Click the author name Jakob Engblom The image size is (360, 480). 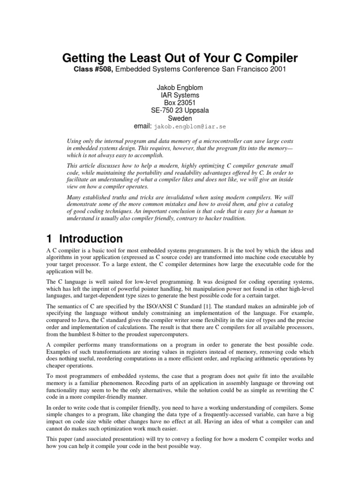tap(180, 87)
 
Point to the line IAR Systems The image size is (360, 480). tap(180, 95)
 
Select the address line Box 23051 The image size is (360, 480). tap(180, 103)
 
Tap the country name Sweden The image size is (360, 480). tap(180, 119)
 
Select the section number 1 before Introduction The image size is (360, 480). tap(50, 239)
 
